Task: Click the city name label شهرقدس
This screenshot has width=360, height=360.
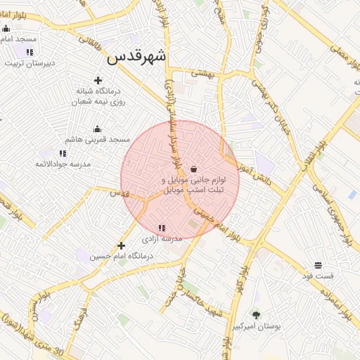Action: pos(136,58)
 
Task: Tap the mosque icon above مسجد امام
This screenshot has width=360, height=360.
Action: pos(6,29)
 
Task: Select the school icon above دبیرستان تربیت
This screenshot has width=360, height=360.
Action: pos(30,52)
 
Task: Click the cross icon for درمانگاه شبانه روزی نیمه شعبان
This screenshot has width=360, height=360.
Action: pos(98,80)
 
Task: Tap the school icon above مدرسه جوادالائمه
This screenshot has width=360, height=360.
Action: pos(63,153)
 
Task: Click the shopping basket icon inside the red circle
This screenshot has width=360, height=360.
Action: pos(193,169)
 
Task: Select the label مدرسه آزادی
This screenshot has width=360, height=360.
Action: pos(162,239)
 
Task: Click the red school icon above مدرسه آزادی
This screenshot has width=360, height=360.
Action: pos(162,228)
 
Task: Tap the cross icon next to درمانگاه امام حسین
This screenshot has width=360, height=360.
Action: pos(122,245)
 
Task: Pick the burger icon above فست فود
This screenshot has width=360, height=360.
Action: pos(318,266)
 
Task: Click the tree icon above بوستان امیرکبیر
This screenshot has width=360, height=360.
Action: pos(256,315)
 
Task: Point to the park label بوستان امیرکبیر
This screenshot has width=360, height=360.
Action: pos(256,326)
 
